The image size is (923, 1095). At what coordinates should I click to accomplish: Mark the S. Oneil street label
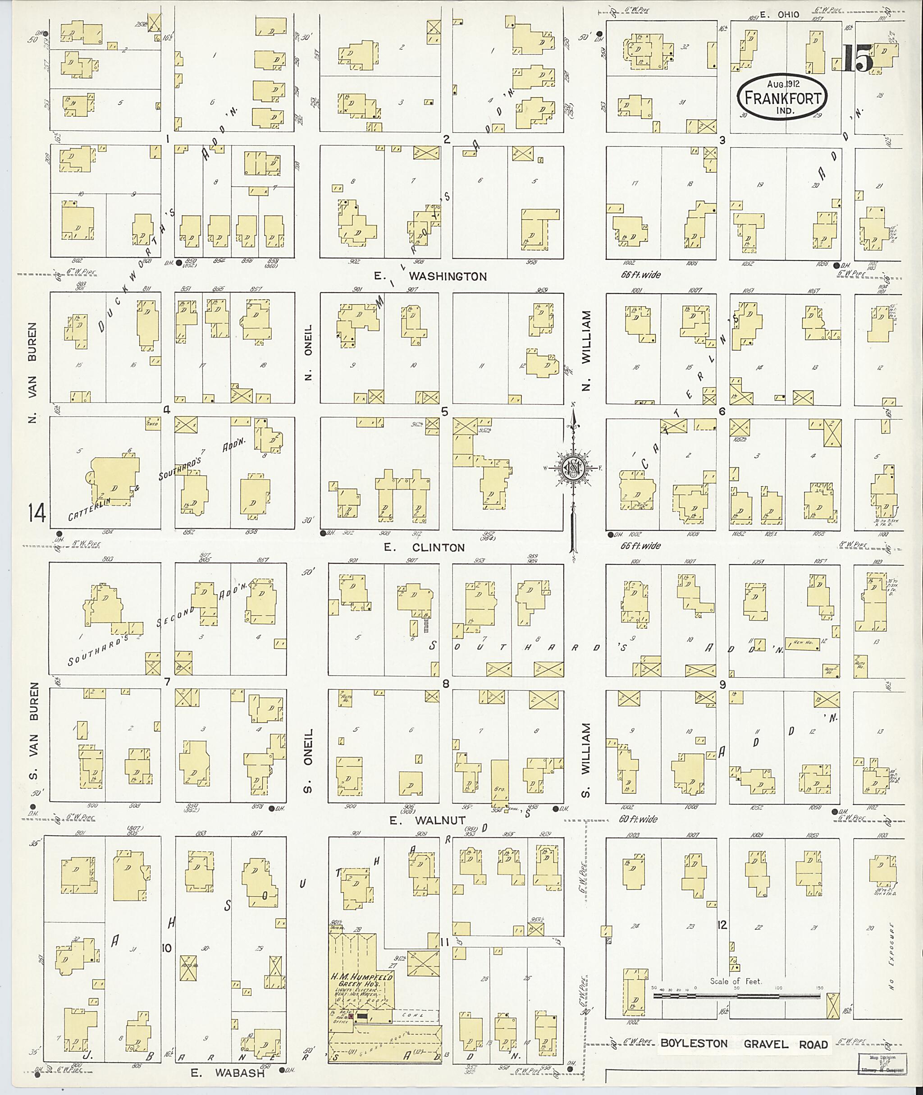[308, 760]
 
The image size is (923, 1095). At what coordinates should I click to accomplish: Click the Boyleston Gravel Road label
[744, 1044]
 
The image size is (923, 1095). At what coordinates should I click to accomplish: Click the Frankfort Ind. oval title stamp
[783, 97]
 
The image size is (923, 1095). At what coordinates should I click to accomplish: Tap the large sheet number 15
[859, 59]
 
